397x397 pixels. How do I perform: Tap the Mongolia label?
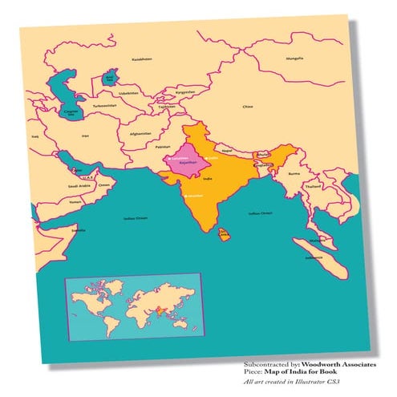(295, 59)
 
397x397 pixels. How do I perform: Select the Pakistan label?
(163, 148)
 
